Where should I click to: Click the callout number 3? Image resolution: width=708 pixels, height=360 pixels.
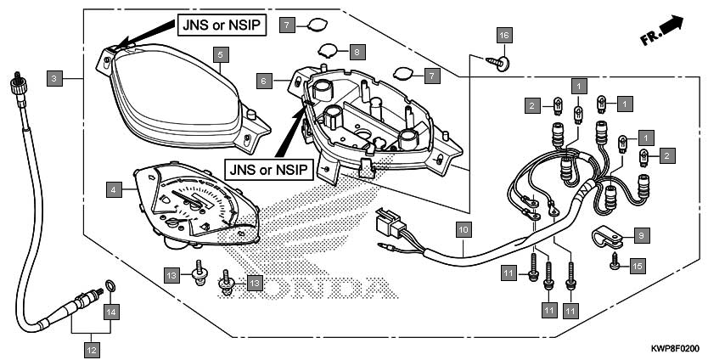[x=54, y=79]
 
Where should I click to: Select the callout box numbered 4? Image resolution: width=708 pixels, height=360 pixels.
[x=114, y=190]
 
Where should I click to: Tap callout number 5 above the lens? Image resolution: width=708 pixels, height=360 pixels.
[x=221, y=54]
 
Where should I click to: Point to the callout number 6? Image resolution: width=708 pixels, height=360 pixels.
[x=264, y=81]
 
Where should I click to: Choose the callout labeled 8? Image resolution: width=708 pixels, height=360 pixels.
[x=357, y=52]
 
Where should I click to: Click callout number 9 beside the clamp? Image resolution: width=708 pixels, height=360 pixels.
[x=641, y=234]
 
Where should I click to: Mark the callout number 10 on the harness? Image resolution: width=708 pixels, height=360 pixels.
[x=464, y=230]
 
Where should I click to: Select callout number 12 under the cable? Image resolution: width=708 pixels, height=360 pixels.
[x=92, y=349]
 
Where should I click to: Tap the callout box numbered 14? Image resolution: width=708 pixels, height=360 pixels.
[x=111, y=312]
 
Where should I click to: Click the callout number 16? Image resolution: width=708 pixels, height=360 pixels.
[x=505, y=35]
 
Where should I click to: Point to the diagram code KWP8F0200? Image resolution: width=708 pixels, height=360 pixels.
[x=675, y=349]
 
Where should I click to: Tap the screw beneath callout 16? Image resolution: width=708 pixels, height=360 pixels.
[x=499, y=63]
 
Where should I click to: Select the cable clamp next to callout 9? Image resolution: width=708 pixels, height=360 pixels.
[x=607, y=237]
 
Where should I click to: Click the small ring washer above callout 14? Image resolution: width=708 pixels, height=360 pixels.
[x=110, y=285]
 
